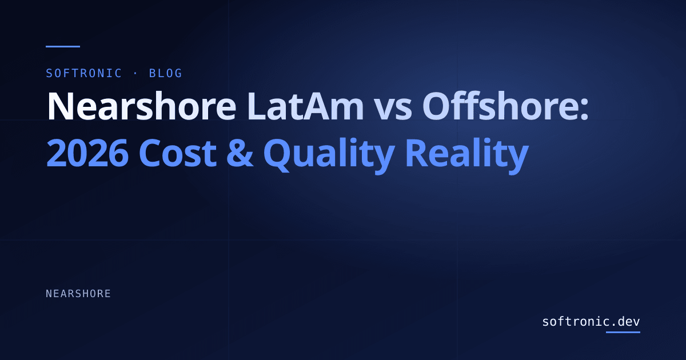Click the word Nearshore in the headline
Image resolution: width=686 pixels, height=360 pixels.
click(142, 105)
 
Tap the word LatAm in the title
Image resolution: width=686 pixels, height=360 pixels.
click(306, 106)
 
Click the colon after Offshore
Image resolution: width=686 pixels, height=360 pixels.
click(584, 110)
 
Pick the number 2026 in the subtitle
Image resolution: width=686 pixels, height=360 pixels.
click(87, 153)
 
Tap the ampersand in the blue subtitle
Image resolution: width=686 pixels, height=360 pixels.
click(240, 153)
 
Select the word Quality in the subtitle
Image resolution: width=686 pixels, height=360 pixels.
click(329, 155)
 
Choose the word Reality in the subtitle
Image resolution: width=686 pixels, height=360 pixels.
click(467, 155)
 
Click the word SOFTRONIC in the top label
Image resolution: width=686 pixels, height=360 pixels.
click(84, 74)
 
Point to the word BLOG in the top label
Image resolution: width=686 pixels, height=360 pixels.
click(165, 74)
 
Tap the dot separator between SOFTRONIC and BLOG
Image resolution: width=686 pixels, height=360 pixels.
click(135, 74)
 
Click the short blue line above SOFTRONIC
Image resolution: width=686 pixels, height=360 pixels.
click(63, 46)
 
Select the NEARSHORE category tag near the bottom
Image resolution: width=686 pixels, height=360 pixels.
click(78, 294)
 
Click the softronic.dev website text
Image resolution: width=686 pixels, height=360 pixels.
click(591, 321)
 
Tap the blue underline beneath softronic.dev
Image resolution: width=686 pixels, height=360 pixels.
click(623, 332)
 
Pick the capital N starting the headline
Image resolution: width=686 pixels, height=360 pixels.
click(59, 106)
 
